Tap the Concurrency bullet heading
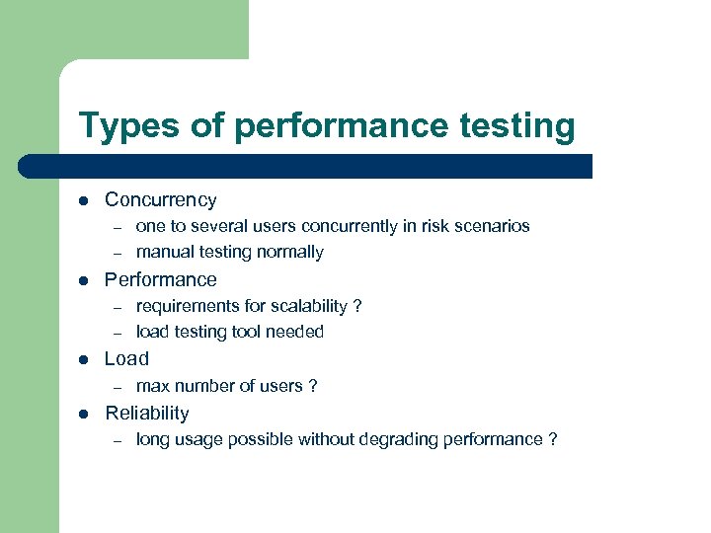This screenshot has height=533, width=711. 160,199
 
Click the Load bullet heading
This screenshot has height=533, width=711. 126,358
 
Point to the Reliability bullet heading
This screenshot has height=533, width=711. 146,413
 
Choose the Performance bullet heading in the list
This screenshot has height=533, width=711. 160,279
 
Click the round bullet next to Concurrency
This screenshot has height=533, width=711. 85,200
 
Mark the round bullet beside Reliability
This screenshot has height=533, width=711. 85,414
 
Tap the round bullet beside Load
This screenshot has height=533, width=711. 85,359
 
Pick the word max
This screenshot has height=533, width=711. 152,386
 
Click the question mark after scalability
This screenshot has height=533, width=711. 357,306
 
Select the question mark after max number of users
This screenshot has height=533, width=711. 313,386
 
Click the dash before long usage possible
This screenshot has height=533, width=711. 117,440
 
